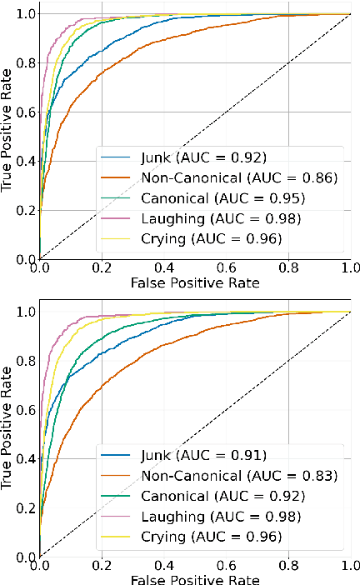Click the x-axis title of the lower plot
pyautogui.click(x=194, y=578)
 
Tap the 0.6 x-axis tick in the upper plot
pyautogui.click(x=225, y=269)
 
